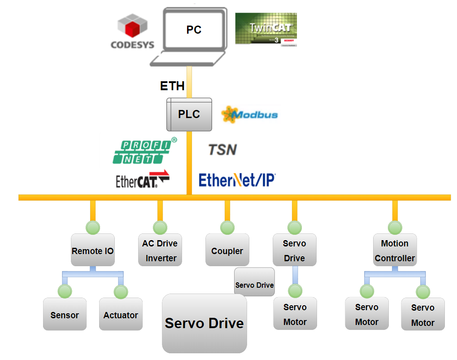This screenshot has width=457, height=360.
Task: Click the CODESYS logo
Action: pyautogui.click(x=132, y=31)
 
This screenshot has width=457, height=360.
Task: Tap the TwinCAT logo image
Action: pyautogui.click(x=266, y=29)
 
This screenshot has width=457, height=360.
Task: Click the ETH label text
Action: pyautogui.click(x=172, y=86)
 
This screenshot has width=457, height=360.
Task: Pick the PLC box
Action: pyautogui.click(x=189, y=114)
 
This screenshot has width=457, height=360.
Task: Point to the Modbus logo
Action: pyautogui.click(x=250, y=114)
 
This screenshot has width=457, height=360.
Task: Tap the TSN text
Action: pyautogui.click(x=222, y=149)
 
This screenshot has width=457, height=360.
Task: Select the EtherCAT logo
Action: pyautogui.click(x=143, y=180)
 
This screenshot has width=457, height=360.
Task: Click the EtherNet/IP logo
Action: pyautogui.click(x=237, y=180)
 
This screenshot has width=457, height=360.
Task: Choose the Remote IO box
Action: pyautogui.click(x=93, y=250)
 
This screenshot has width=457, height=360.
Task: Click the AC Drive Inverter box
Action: pyautogui.click(x=160, y=250)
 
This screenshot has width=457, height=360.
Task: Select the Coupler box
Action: pyautogui.click(x=227, y=250)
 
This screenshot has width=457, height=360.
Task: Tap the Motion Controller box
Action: pyautogui.click(x=395, y=250)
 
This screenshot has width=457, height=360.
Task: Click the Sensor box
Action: pyautogui.click(x=65, y=315)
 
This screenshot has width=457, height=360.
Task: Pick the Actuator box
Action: pyautogui.click(x=121, y=315)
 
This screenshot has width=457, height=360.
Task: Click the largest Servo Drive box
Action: pyautogui.click(x=205, y=323)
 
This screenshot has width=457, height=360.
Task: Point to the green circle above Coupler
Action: pyautogui.click(x=227, y=228)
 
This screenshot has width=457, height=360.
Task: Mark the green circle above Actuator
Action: pyautogui.click(x=121, y=292)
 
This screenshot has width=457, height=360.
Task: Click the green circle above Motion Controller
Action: pyautogui.click(x=395, y=228)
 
